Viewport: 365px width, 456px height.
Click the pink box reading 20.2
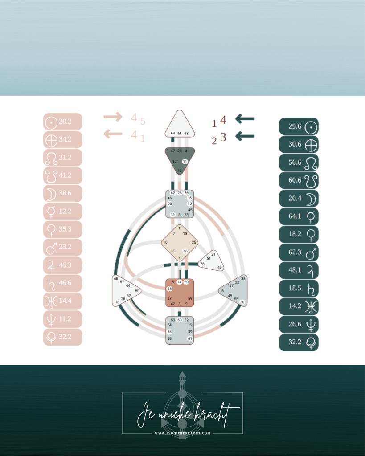(x=63, y=122)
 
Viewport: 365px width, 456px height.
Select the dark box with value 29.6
(x=299, y=126)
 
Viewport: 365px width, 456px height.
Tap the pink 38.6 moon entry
(x=63, y=194)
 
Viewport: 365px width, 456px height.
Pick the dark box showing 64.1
(x=299, y=216)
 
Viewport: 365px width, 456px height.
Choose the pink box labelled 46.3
(x=63, y=265)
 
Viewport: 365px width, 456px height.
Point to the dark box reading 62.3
(x=299, y=252)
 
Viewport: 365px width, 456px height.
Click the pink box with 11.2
(x=63, y=319)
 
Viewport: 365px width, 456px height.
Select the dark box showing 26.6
(x=299, y=324)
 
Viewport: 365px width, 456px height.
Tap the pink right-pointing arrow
(x=113, y=117)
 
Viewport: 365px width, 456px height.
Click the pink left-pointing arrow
(x=113, y=134)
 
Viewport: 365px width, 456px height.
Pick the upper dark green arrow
(x=245, y=118)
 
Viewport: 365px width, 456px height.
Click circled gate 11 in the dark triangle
(x=185, y=162)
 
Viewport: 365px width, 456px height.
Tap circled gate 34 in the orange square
(x=170, y=289)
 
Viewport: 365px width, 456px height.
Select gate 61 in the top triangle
(x=179, y=133)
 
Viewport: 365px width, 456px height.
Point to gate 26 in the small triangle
(x=202, y=264)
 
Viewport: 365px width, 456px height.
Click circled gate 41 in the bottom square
(x=190, y=339)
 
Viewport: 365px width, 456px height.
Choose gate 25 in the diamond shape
(x=194, y=243)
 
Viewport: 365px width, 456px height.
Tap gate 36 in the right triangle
(x=243, y=279)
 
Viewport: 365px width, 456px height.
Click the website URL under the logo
(x=183, y=433)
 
